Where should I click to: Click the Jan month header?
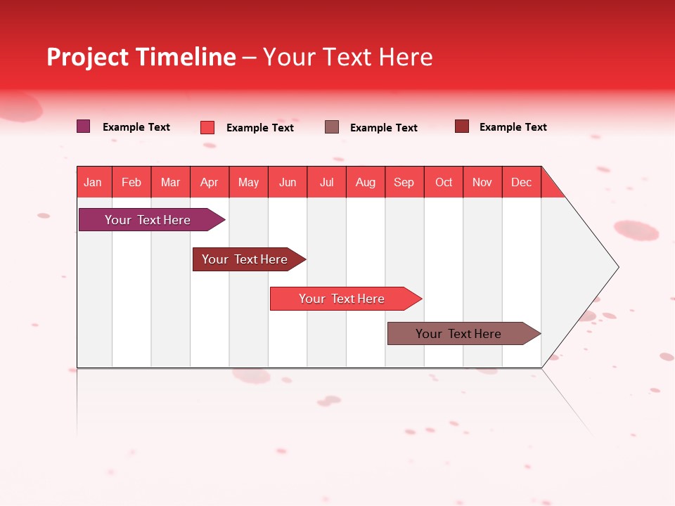coord(93,182)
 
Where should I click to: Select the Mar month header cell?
coord(170,182)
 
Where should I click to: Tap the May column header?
coord(248,182)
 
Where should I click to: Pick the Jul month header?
coord(326,182)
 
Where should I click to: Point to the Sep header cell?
coord(404,182)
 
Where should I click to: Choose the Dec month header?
coord(521,182)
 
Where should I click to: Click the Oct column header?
coord(444,182)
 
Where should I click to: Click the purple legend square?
coord(84,126)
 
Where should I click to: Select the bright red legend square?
coord(207,127)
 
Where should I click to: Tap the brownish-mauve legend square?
coord(332,127)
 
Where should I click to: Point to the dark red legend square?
coord(462,126)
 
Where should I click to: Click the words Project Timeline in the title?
coord(141,57)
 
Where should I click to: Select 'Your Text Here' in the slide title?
coord(347,57)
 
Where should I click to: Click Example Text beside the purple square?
coord(136,127)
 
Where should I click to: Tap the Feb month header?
coord(131,182)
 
